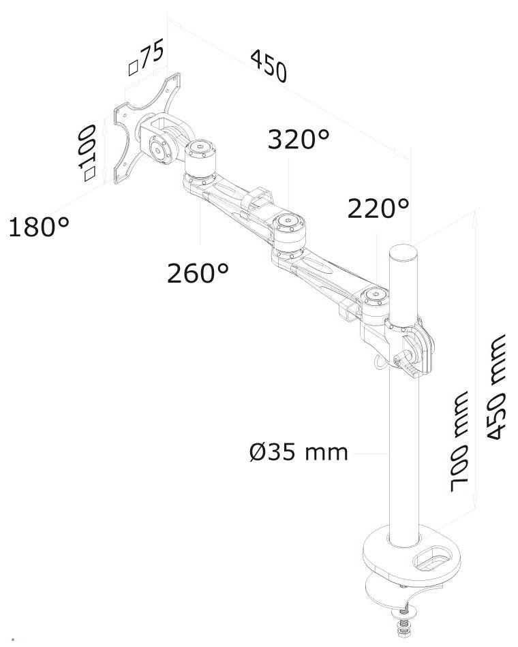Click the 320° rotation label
298,140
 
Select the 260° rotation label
198,274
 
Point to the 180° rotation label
39,227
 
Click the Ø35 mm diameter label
298,452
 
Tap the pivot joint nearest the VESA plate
200,154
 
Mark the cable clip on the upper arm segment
258,198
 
